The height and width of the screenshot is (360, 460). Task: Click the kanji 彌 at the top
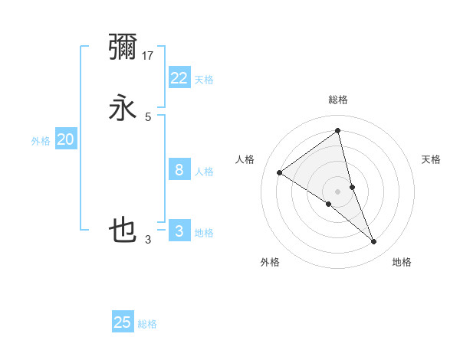[x=123, y=47]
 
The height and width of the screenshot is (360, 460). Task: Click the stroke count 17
[x=149, y=55]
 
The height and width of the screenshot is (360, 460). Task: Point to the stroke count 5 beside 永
[x=148, y=116]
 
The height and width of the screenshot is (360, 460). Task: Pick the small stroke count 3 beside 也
[x=148, y=240]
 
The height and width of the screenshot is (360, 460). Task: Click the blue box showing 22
[x=179, y=77]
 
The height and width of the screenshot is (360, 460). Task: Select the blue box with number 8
[x=179, y=169]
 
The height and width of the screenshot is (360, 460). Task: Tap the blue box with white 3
[x=179, y=231]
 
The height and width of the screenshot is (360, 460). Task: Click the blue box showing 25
[x=123, y=322]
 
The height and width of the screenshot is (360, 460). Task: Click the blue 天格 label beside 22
[x=204, y=80]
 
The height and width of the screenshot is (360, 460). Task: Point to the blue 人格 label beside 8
[x=204, y=172]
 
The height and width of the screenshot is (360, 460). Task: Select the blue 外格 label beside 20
[x=41, y=141]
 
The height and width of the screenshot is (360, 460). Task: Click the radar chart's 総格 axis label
[x=338, y=100]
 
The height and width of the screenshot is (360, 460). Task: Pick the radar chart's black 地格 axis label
[x=402, y=262]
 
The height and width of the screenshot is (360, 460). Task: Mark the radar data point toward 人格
[x=280, y=172]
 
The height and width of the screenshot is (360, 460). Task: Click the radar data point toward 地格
[x=374, y=242]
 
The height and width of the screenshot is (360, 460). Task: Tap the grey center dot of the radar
[x=338, y=191]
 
